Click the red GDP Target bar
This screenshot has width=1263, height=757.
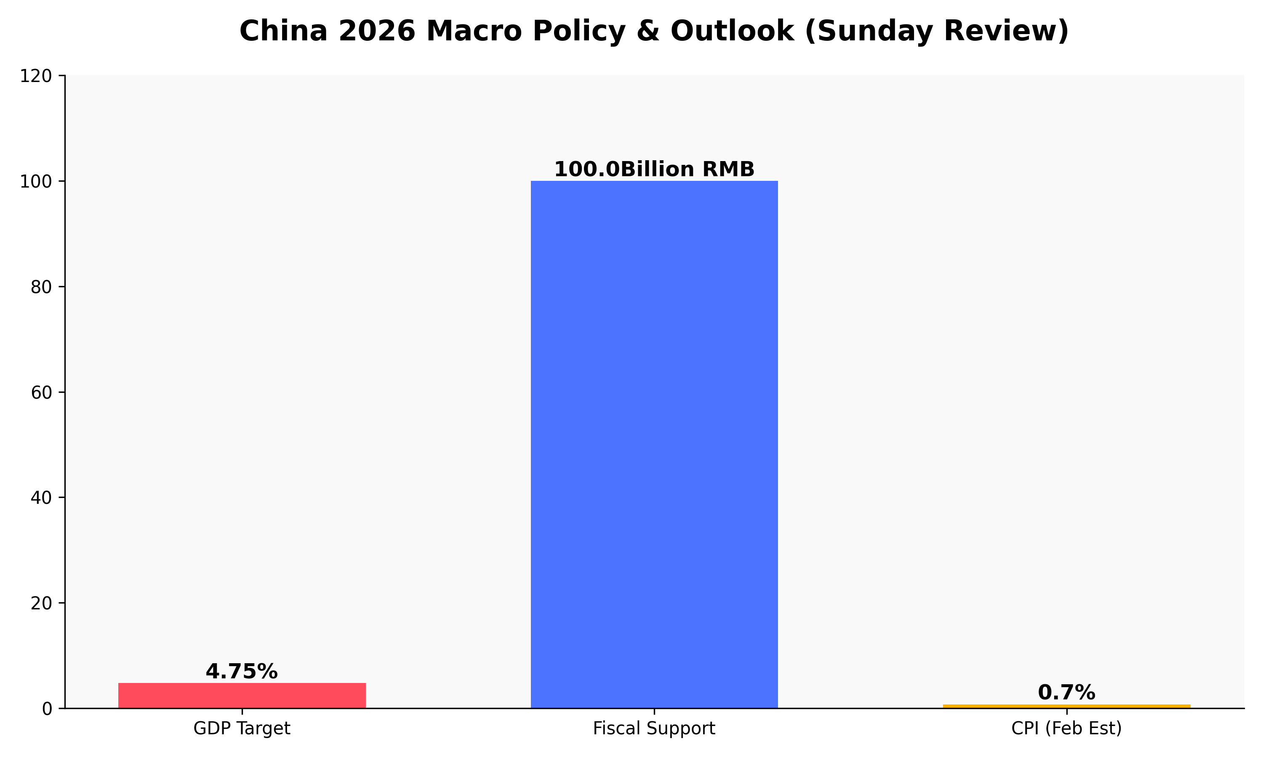tap(242, 695)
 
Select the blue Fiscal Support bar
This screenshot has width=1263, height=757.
tap(654, 444)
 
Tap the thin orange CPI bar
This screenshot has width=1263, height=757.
tap(1066, 706)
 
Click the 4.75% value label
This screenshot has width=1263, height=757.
tap(242, 672)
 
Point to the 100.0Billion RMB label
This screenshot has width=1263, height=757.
tap(654, 169)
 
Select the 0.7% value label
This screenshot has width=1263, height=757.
tap(1066, 693)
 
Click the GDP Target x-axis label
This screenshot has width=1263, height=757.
tap(242, 728)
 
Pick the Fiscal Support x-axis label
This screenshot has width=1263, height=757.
tap(654, 728)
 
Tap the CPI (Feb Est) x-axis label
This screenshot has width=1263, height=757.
tap(1066, 728)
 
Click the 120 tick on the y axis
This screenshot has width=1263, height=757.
tap(36, 76)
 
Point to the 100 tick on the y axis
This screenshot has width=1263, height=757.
tap(36, 182)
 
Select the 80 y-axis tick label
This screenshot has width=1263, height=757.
tap(41, 287)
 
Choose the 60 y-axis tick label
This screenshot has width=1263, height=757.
tap(41, 393)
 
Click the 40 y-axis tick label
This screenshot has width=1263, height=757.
tap(41, 498)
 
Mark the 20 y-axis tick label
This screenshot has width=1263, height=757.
tap(41, 603)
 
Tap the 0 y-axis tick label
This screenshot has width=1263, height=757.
tap(47, 709)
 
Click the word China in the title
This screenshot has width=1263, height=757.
tap(283, 31)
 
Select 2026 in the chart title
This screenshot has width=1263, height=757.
tap(377, 31)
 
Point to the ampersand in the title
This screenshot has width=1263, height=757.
tap(648, 31)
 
